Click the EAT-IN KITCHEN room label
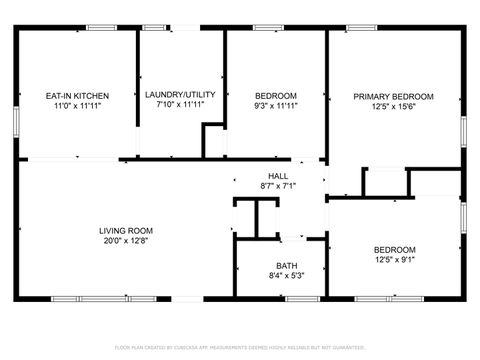77,96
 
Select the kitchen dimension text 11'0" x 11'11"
77,106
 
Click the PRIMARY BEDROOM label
393,97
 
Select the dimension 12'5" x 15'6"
393,107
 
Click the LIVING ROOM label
125,231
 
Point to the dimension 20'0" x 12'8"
125,241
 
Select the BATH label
286,267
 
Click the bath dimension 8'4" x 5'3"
286,277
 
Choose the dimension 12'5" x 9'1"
394,260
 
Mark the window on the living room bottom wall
83,299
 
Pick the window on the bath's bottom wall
302,299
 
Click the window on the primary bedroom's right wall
463,130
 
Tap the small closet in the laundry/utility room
213,141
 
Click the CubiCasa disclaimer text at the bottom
240,346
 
